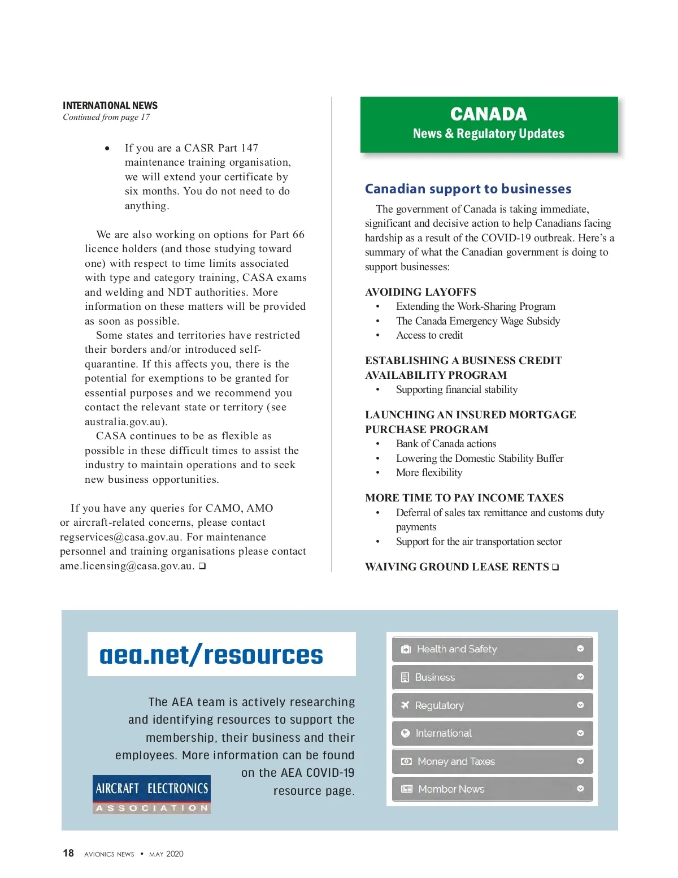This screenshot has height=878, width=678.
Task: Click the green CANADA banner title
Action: tap(489, 114)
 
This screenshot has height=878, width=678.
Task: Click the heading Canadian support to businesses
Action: tap(468, 189)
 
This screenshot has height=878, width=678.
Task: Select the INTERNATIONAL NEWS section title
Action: tap(110, 106)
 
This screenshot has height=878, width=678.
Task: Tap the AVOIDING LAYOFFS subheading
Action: tap(420, 292)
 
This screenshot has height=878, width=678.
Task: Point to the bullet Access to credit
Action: tap(429, 335)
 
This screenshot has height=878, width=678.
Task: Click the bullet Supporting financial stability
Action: tap(457, 390)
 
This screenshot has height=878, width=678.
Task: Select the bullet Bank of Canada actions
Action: tap(446, 444)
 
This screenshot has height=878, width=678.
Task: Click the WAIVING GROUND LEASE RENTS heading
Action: tap(457, 567)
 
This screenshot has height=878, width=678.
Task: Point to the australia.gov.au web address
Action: tap(125, 422)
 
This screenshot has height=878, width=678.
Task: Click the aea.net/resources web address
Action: tap(211, 655)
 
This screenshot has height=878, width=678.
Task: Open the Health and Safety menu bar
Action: tap(492, 649)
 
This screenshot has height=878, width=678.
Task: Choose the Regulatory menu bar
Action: tap(492, 706)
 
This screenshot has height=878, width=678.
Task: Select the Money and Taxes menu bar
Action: tap(492, 762)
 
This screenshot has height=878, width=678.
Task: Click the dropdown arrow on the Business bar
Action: tap(580, 677)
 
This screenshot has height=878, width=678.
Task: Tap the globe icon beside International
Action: tap(405, 733)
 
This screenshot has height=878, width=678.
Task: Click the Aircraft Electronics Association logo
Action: tap(151, 794)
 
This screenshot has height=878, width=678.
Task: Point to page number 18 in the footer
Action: tap(68, 853)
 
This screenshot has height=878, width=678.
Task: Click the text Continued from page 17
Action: tap(106, 118)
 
